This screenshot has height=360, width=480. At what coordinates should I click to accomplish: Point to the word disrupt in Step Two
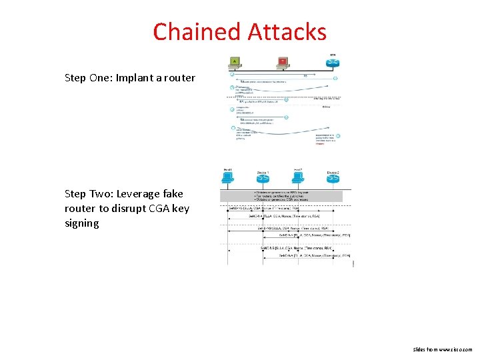tap(131, 209)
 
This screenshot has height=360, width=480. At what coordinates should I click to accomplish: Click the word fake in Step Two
tap(172, 194)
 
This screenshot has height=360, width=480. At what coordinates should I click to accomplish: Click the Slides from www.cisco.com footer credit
tap(442, 349)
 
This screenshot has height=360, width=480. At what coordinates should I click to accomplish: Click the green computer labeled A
tap(235, 63)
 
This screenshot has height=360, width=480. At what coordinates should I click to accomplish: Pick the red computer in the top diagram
tap(283, 63)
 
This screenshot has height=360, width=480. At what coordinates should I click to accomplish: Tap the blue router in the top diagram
tap(333, 63)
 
